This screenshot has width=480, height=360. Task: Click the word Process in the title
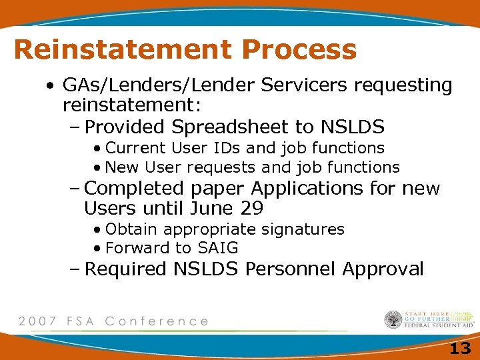point(299,50)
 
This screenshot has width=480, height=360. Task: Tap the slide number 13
point(460,347)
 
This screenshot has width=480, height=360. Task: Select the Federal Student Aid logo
point(429,320)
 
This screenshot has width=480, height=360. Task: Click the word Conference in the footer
point(157,321)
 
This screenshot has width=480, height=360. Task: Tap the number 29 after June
point(252,209)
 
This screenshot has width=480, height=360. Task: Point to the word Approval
point(383,269)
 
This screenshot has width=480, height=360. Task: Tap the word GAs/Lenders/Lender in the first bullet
point(144,85)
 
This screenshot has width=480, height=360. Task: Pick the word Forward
point(138,248)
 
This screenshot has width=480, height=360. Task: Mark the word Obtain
point(132,229)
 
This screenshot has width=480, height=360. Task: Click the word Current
point(137,147)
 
